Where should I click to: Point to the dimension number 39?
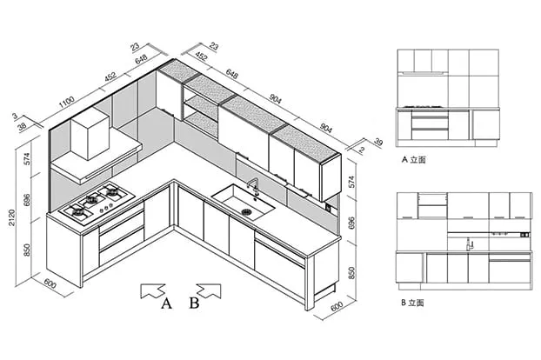(377, 142)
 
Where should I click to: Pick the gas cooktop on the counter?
(93, 202)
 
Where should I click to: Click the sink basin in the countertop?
(244, 203)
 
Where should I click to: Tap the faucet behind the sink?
(254, 185)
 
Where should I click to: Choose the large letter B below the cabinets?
(195, 303)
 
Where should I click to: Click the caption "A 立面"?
(413, 160)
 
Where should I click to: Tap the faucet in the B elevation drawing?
(469, 243)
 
